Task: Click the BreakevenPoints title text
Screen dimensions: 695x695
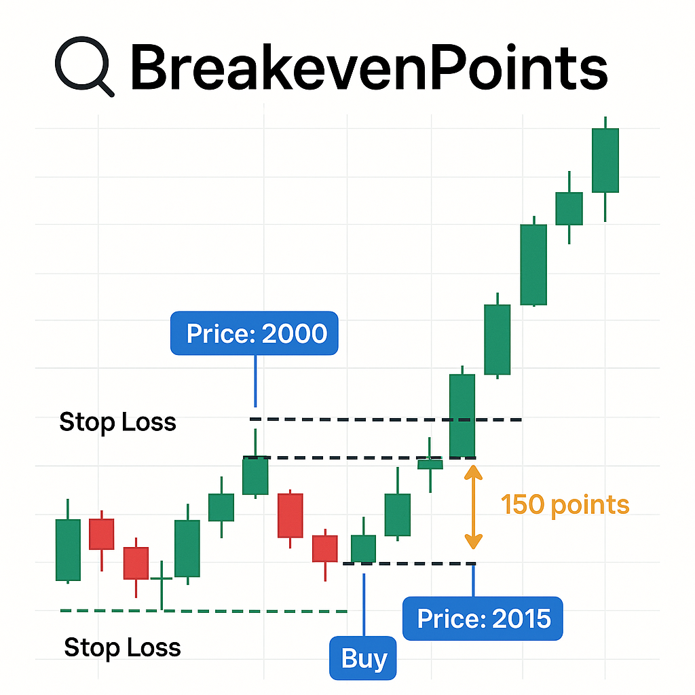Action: point(369,67)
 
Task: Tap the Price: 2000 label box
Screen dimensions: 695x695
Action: point(255,333)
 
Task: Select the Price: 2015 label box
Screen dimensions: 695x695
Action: point(483,618)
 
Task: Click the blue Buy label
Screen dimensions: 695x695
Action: point(363,658)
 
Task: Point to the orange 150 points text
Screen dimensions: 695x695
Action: point(565,504)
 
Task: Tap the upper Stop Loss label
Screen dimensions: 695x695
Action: point(117,422)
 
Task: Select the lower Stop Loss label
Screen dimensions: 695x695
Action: point(122,647)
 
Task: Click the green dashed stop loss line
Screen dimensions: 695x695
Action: point(204,612)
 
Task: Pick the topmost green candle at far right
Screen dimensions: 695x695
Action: point(605,169)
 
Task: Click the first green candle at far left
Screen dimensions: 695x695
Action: point(68,541)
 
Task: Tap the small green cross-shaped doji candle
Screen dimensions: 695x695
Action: point(162,579)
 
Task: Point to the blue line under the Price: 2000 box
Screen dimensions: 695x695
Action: point(255,381)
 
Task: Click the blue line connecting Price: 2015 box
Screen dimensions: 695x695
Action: point(473,581)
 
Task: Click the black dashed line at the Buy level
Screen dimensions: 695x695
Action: point(409,564)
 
